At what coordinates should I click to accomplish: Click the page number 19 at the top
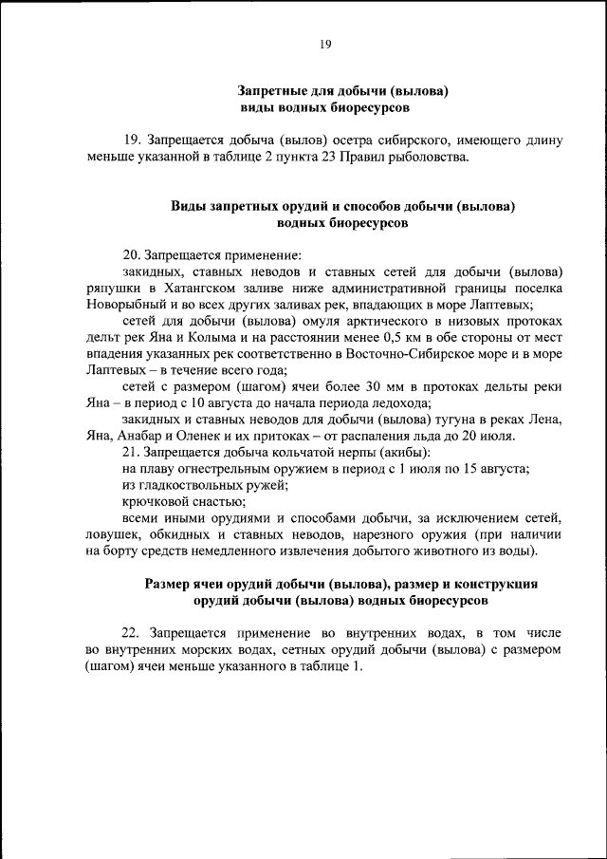[x=324, y=44]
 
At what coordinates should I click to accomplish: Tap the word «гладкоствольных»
[x=188, y=485]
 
